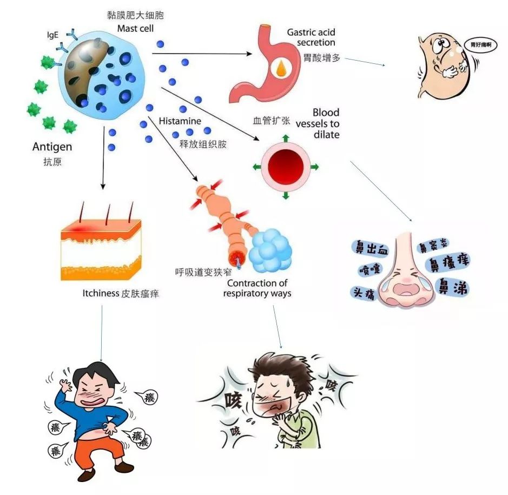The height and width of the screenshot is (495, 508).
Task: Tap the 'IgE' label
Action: pos(53,34)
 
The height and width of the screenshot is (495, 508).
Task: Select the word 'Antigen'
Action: pos(52,147)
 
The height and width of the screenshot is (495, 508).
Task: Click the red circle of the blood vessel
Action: pos(285,166)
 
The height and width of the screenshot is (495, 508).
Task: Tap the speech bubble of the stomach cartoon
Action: pos(477,45)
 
